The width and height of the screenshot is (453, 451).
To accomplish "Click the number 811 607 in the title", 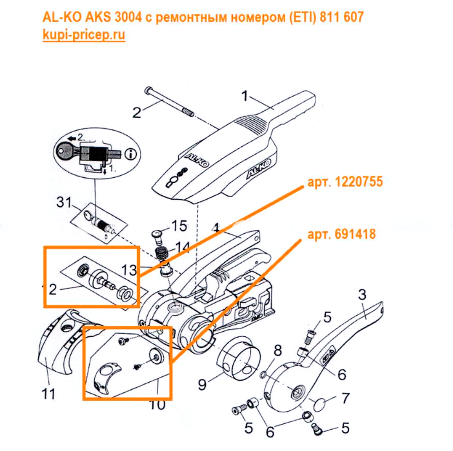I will (x=342, y=17).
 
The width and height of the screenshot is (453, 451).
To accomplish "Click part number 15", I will (x=179, y=226).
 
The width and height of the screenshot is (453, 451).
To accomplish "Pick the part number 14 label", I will (x=183, y=246).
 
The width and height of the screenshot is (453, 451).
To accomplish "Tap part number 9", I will (x=202, y=385).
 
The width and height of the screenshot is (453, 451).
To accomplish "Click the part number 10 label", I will (x=157, y=405).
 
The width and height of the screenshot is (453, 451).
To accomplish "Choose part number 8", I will (x=278, y=350).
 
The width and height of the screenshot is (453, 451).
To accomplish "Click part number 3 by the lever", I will (x=362, y=294).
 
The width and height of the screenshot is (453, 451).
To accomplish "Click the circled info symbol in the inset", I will (x=132, y=154).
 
